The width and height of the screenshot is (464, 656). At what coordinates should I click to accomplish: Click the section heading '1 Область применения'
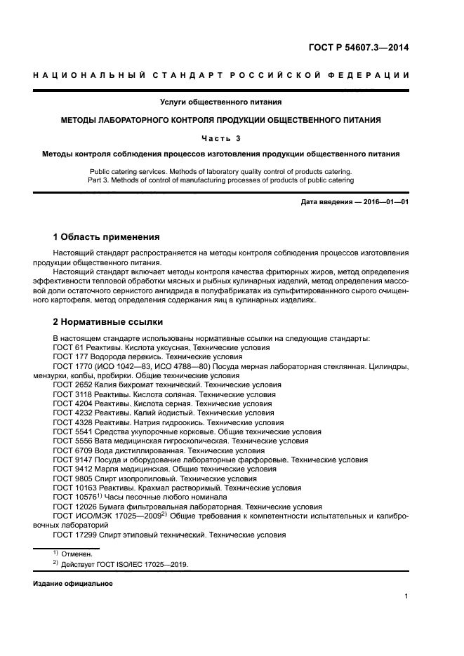point(107,236)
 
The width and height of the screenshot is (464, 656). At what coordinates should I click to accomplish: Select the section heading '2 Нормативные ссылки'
point(108,322)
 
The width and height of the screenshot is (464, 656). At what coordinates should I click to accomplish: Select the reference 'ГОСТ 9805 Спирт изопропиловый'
point(121,478)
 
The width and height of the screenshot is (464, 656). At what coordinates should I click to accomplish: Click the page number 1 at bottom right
point(406,596)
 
